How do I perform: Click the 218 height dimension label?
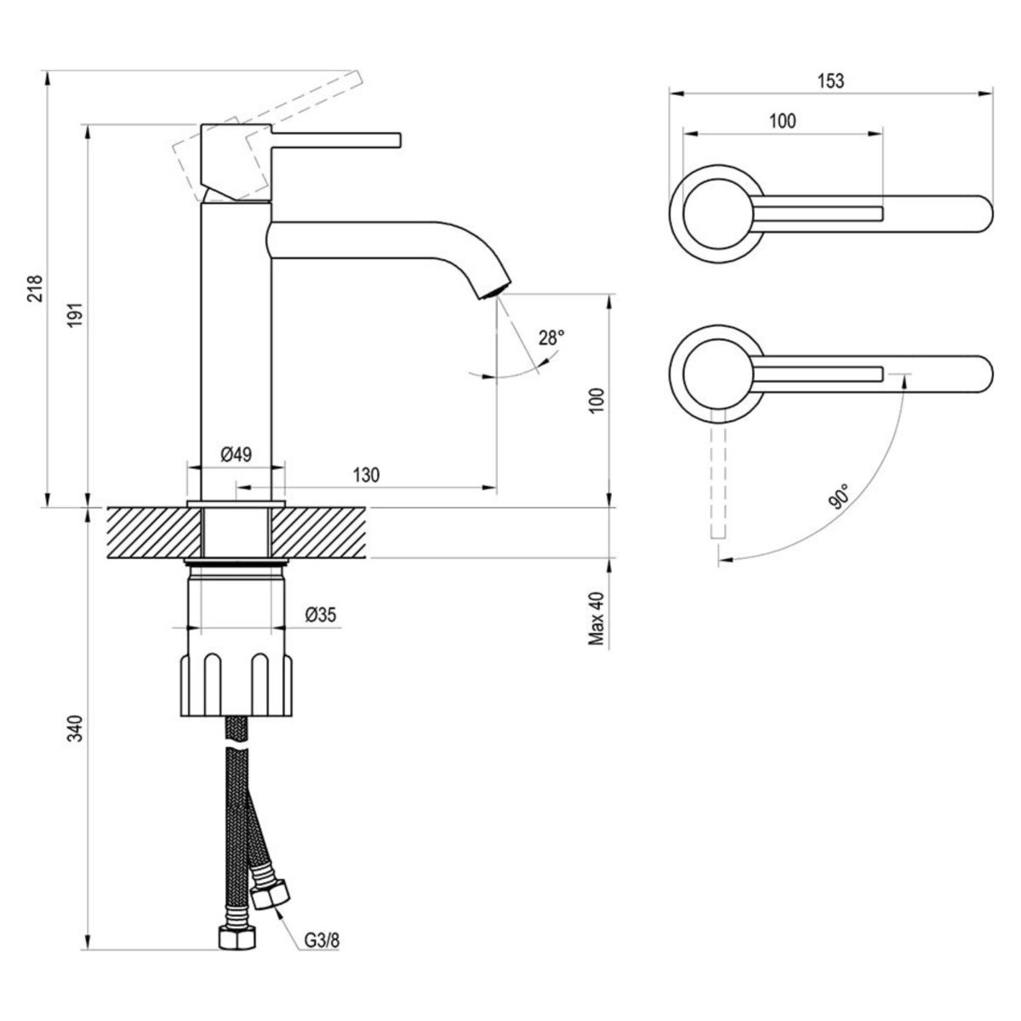coord(35,290)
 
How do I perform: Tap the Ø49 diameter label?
coord(235,453)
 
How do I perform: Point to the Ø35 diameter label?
coord(321,613)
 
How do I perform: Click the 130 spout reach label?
coord(366,475)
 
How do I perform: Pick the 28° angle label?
coord(550,338)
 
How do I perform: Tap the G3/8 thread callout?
coord(323,941)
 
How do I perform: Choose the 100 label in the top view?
coord(782,121)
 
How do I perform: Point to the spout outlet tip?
coord(493,291)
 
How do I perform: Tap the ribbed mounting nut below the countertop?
coord(236,684)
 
